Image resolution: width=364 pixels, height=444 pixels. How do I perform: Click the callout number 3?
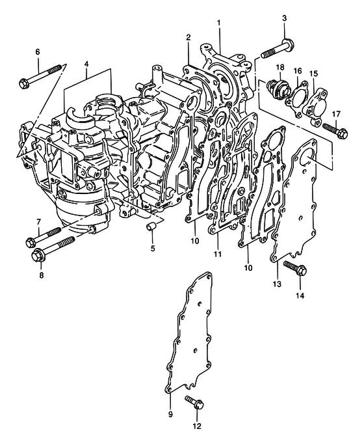284,18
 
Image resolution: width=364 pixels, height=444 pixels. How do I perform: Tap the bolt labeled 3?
278,49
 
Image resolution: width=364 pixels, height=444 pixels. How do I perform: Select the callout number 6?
37,52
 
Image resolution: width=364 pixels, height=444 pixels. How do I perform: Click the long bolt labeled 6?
40,76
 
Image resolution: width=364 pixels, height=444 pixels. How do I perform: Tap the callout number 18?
280,68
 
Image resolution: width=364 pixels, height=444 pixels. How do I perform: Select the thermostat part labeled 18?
278,87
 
